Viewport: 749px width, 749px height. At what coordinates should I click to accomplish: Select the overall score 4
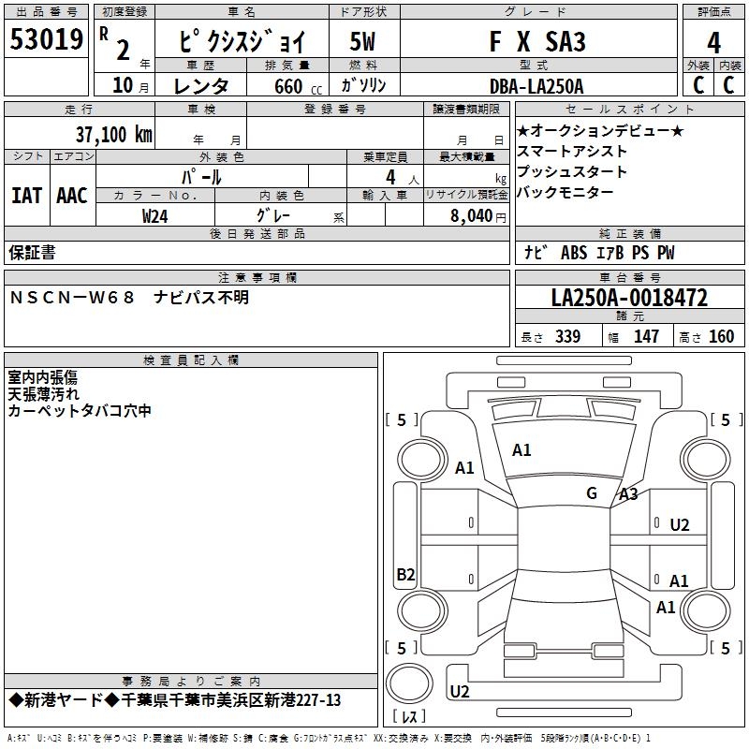[713, 43]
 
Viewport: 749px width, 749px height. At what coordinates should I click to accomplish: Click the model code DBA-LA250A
[536, 86]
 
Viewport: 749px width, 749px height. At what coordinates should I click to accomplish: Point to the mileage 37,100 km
[113, 135]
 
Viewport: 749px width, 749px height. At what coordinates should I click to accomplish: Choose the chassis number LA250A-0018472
[629, 298]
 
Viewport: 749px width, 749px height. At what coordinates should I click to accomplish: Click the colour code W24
[155, 215]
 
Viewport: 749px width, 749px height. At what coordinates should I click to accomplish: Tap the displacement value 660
[287, 87]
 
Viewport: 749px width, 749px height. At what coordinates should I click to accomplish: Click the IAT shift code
[26, 195]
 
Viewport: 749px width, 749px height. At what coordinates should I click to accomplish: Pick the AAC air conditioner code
[72, 195]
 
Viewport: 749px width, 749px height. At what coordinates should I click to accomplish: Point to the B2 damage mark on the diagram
[405, 575]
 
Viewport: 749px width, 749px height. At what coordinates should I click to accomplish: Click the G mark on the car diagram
[592, 492]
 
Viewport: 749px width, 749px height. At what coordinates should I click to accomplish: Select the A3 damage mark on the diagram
[628, 494]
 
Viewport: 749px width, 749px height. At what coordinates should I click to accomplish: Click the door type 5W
[362, 42]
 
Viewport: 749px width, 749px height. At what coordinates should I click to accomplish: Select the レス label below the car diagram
[409, 718]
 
